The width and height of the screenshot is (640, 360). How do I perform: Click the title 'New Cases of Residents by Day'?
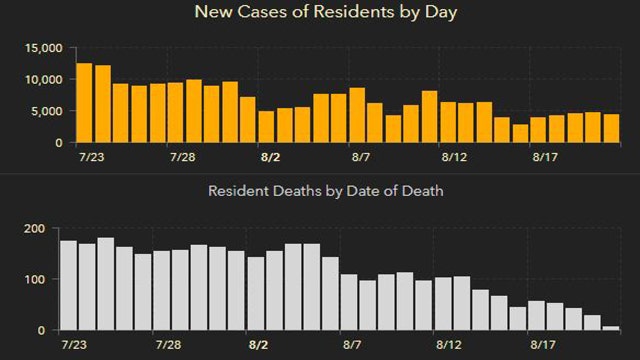[x=319, y=13]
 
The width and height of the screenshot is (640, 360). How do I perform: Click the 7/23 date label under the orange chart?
[x=88, y=158]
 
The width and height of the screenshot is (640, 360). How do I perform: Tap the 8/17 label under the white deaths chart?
[x=538, y=344]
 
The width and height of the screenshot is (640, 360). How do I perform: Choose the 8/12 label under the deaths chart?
[x=455, y=344]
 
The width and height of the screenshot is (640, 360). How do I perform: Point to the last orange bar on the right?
[x=611, y=128]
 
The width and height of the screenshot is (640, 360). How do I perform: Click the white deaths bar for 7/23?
[x=68, y=285]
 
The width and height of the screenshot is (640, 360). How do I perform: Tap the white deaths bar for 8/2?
[x=256, y=293]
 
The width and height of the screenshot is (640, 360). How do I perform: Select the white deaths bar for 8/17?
[x=537, y=315]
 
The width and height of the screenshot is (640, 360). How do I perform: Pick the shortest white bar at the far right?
[x=611, y=327]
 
